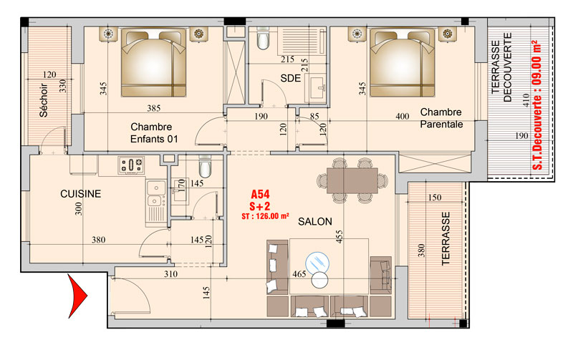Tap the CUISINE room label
click(80, 194)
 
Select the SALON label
click(315, 222)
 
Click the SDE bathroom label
click(291, 78)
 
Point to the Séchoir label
click(44, 100)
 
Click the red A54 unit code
click(260, 194)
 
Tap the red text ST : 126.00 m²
click(265, 216)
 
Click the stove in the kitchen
click(131, 165)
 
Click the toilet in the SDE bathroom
click(263, 39)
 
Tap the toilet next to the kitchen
click(205, 167)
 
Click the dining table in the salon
click(352, 180)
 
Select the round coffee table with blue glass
click(317, 263)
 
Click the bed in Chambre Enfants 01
click(153, 63)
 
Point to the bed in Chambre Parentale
click(403, 63)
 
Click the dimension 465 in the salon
click(299, 274)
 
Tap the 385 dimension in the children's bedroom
click(154, 108)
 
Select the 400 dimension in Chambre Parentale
click(403, 117)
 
